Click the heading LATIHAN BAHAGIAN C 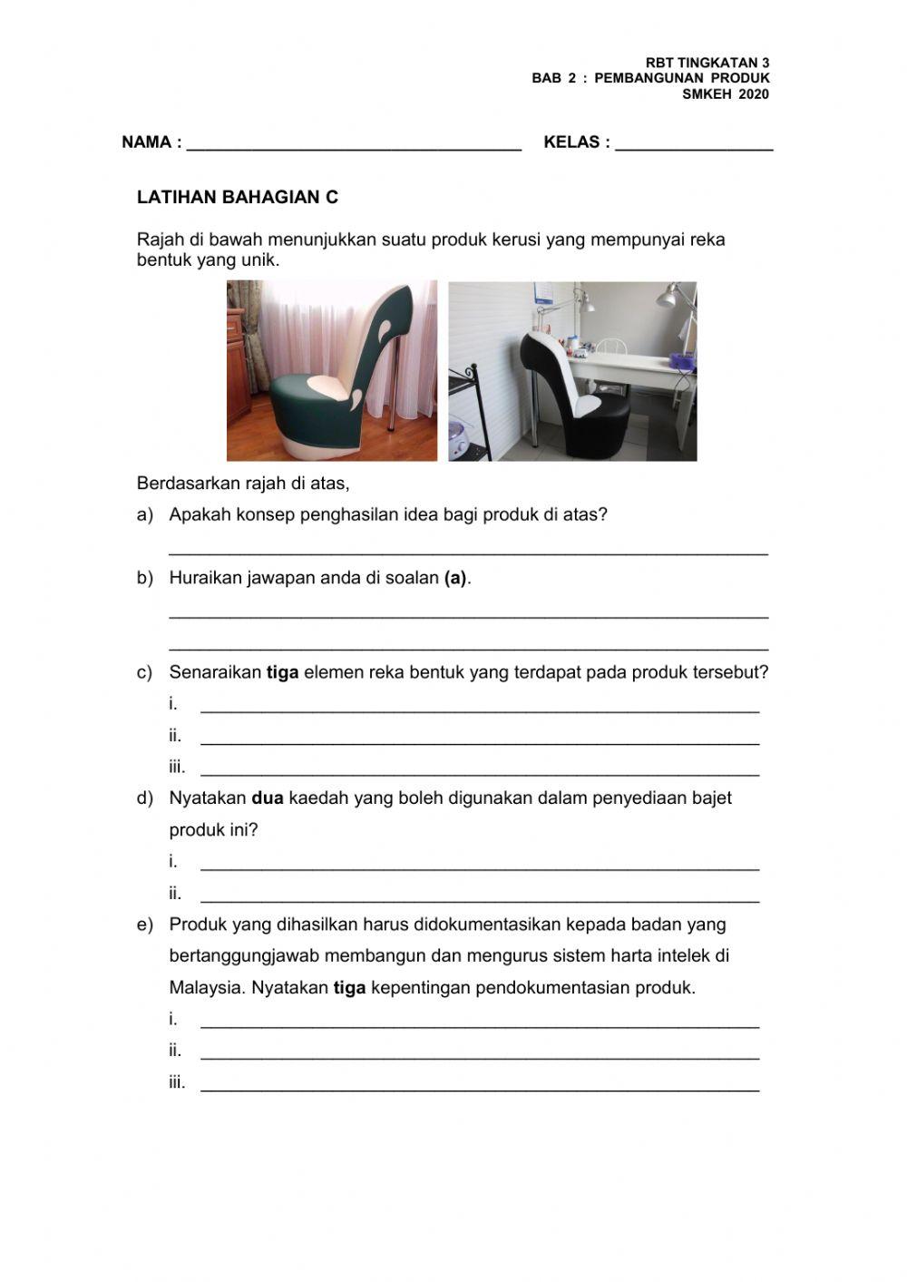point(237,197)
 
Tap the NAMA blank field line point(354,145)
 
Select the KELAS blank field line point(694,145)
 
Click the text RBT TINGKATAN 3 point(707,63)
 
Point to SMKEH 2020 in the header point(725,93)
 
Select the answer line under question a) point(468,551)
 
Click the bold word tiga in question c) point(282,673)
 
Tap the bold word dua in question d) point(268,798)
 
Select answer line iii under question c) point(479,773)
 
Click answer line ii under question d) point(479,899)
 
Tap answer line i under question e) point(479,1024)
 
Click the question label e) point(144,925)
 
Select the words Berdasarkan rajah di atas point(243,484)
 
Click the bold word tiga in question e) point(349,988)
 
